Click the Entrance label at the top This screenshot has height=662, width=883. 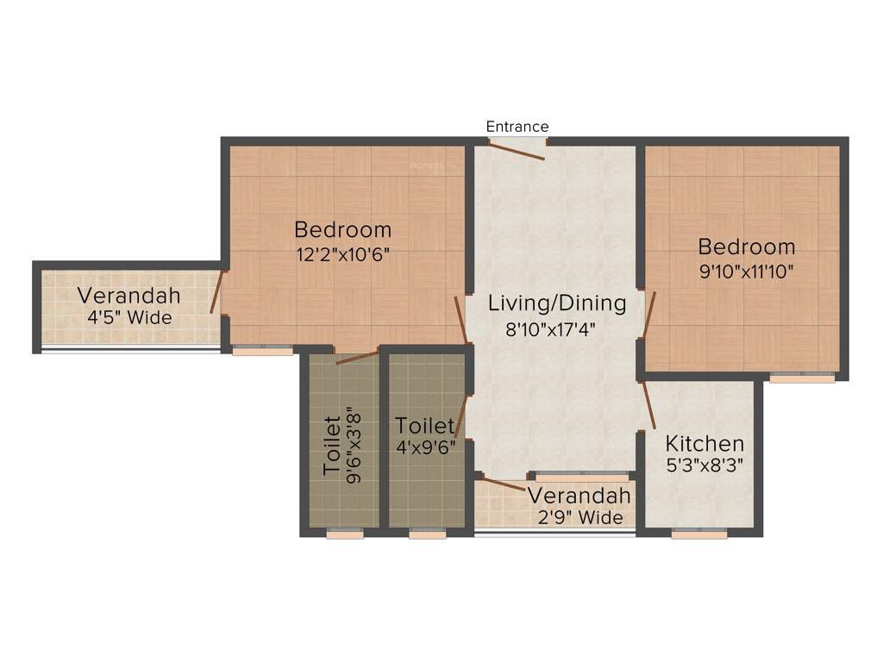(x=517, y=127)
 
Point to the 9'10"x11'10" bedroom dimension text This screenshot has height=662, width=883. (x=747, y=271)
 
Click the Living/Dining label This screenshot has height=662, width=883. (x=556, y=303)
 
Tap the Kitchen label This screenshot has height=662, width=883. (x=705, y=444)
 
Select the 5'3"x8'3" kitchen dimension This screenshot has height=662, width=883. (x=705, y=466)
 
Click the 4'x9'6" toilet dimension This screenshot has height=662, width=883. (x=425, y=448)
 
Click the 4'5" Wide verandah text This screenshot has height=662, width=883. (x=129, y=317)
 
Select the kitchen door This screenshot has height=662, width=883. (x=648, y=405)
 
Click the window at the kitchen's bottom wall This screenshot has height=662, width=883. (x=698, y=534)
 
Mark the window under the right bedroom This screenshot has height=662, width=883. (x=802, y=378)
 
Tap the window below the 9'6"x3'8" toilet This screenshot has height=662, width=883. (x=344, y=534)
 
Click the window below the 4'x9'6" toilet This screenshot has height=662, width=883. (x=427, y=534)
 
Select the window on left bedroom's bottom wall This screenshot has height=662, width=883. (x=262, y=351)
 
